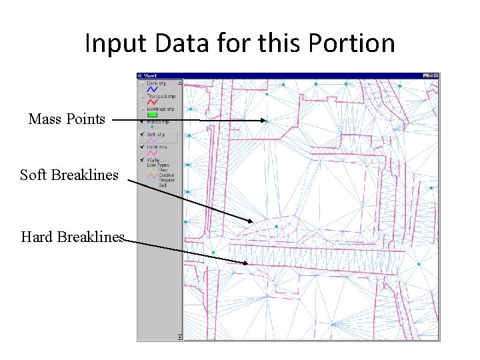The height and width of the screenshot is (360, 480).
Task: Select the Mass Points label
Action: [67, 119]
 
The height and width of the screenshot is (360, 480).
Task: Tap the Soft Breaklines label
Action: [69, 175]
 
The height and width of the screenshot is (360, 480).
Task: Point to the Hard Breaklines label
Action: [73, 237]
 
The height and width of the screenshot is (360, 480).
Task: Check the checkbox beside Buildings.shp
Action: [142, 109]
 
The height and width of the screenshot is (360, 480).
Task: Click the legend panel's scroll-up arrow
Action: [180, 83]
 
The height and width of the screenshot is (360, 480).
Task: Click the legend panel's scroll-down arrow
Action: [180, 337]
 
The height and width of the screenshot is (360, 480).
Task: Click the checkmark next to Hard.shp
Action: [142, 147]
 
